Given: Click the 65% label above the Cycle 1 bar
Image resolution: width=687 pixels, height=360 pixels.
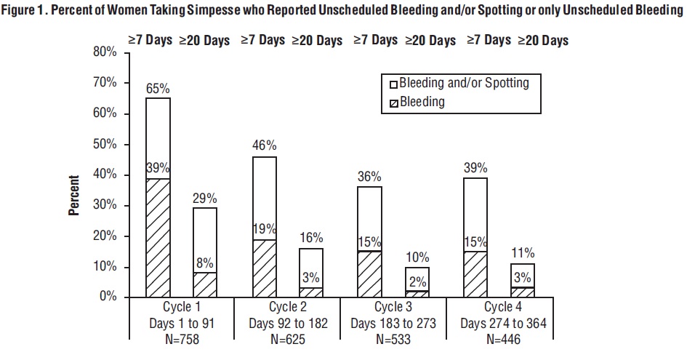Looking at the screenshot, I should [158, 89].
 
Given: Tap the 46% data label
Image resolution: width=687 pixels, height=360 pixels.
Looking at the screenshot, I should [264, 147].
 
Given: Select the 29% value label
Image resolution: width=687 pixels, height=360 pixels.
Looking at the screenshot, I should [204, 198].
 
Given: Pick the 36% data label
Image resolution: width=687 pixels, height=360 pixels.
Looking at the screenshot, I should [370, 177].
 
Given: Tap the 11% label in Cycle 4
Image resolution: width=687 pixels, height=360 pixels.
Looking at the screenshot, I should [523, 253].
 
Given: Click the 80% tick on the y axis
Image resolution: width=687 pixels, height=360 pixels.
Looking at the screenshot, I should [105, 52].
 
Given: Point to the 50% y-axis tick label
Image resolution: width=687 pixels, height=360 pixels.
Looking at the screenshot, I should [105, 144].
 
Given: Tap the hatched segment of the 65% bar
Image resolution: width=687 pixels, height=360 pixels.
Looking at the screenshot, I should [158, 237].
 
